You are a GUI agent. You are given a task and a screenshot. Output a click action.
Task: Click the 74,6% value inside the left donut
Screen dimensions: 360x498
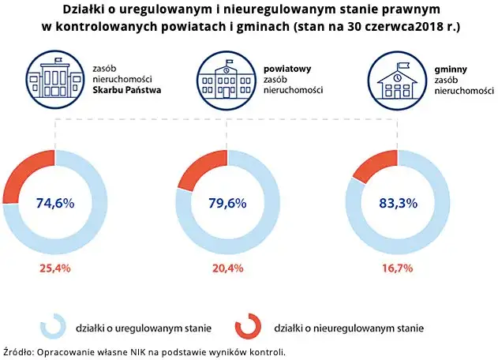pos(54,204)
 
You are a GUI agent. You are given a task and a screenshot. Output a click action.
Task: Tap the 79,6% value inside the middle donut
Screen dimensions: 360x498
pos(227,204)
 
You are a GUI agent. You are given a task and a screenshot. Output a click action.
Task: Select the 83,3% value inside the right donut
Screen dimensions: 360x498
pos(398,204)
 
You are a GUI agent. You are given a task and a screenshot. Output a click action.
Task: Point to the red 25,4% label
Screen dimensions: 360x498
pos(54,268)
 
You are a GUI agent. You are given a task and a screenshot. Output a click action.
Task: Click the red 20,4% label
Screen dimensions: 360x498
pos(227,268)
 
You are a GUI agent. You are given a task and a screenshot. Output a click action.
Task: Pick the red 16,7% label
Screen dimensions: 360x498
pos(398,268)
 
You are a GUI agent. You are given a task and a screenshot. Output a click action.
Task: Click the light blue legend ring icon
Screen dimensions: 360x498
pos(53,325)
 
